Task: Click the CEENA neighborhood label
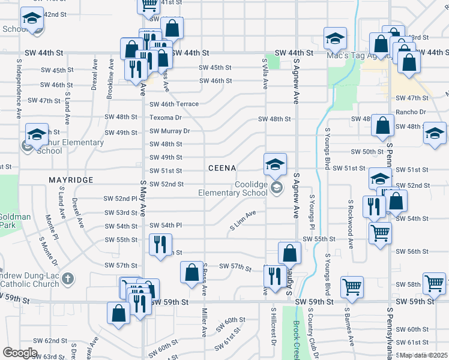pos(222,168)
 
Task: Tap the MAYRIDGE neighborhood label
pos(71,179)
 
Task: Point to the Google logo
pos(19,353)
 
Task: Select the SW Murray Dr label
pos(169,131)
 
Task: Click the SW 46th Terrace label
pos(174,104)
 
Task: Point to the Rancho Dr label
pos(411,112)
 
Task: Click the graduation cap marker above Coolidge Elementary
pos(275,164)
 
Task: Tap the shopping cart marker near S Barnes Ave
pos(351,287)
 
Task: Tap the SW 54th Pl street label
pos(166,225)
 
